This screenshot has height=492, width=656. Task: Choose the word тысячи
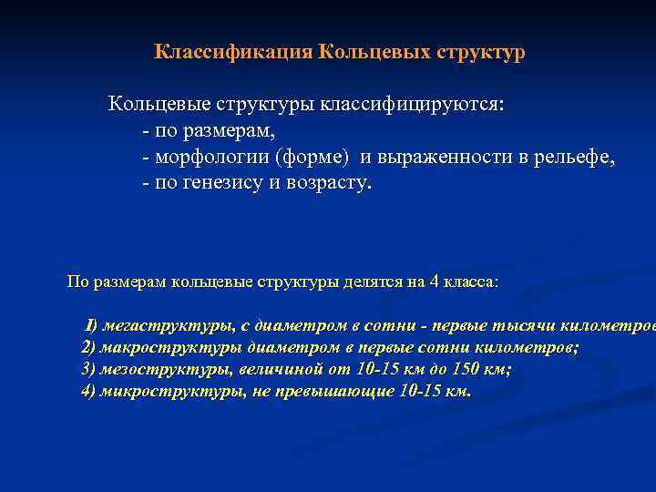tap(527, 325)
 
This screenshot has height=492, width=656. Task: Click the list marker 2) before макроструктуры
tap(88, 347)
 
